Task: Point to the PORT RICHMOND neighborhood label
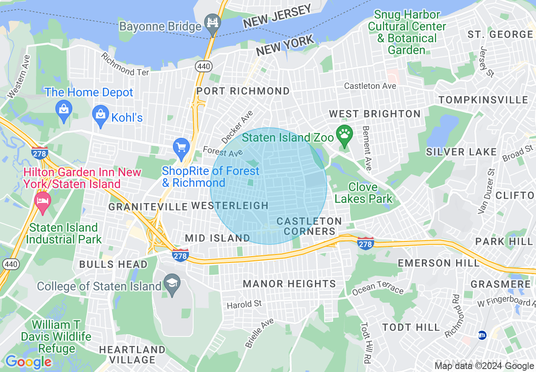243,91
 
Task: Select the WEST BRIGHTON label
375,114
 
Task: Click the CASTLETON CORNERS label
309,226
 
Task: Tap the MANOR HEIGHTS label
290,284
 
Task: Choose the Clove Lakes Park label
364,193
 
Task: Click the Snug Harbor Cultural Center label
407,32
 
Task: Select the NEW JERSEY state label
277,16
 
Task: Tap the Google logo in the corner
28,362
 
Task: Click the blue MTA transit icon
481,335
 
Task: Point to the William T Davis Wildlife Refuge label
56,336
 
